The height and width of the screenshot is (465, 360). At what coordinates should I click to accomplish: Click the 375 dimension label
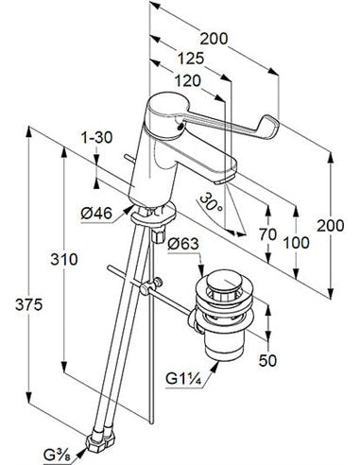tap(28, 304)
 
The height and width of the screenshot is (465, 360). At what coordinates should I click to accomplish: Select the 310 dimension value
tap(64, 259)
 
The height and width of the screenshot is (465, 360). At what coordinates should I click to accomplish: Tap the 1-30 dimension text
tap(96, 138)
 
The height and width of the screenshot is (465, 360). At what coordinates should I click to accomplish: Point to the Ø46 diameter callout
tap(96, 214)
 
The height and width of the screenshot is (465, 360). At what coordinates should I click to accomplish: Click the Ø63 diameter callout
tap(183, 244)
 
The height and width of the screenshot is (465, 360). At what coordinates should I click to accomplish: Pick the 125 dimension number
tap(191, 59)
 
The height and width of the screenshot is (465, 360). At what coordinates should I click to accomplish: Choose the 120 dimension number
tap(188, 81)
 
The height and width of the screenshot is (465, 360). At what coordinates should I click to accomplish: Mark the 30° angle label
tap(212, 202)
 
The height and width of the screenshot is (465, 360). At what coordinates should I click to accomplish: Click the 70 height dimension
tap(267, 234)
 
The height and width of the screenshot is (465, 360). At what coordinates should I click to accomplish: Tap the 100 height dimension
tap(296, 243)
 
